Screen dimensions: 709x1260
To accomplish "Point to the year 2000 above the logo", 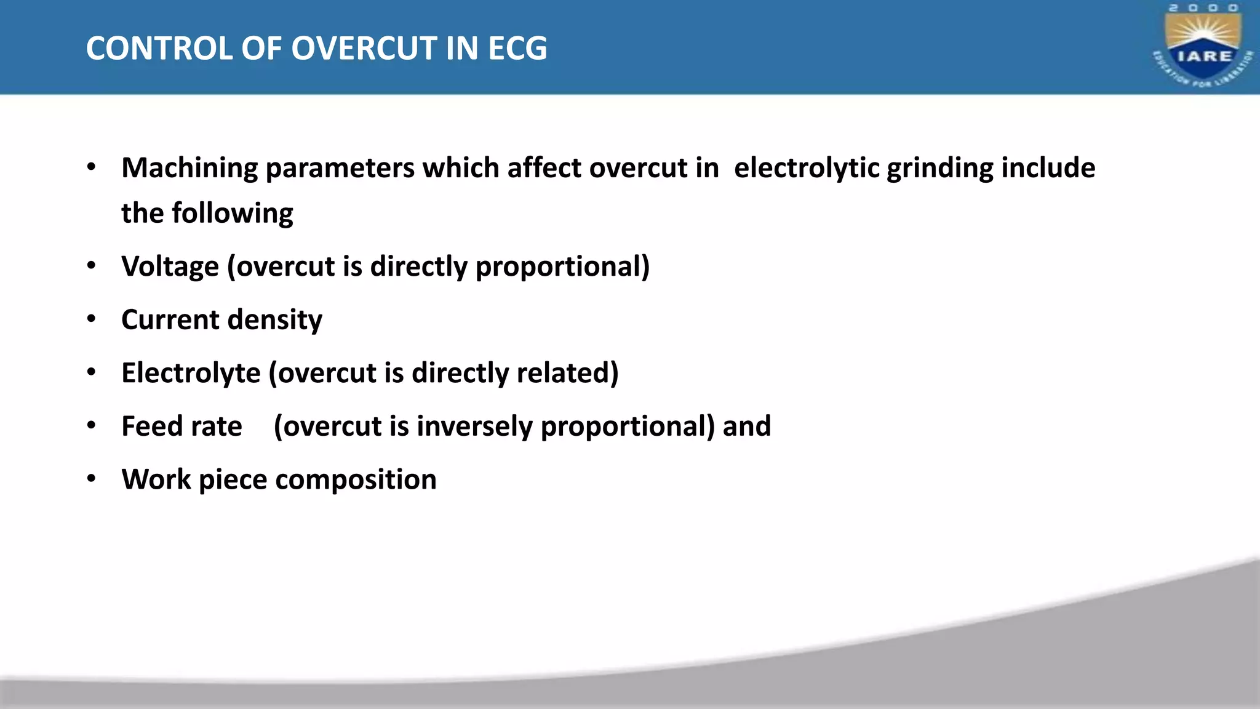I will (1203, 8).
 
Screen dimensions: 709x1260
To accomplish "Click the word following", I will (232, 214).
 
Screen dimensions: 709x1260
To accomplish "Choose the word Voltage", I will (170, 267).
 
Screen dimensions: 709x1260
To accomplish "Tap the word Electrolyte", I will (191, 374).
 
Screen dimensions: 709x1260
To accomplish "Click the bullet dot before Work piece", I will (92, 479).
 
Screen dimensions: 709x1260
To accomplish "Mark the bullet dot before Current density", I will (92, 319).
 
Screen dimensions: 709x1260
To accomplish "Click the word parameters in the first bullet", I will (340, 169).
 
